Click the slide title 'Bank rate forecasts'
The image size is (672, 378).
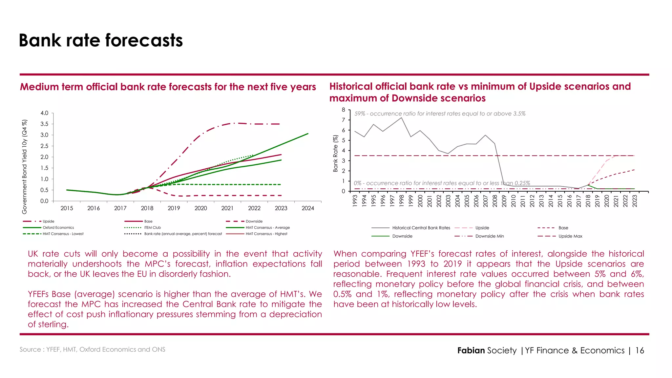point(101,40)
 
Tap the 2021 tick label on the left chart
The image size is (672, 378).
point(227,208)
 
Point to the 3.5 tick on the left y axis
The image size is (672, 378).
point(44,124)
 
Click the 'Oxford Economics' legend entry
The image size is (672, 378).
point(58,227)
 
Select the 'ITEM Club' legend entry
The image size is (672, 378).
point(153,227)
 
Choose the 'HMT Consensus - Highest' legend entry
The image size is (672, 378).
point(266,234)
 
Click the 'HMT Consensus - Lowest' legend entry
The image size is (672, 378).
point(63,234)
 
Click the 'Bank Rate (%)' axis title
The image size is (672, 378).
point(335,154)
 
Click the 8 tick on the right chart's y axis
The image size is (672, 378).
point(344,110)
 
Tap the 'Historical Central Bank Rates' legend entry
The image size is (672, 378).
point(421,228)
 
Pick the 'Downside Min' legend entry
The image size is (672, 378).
point(490,236)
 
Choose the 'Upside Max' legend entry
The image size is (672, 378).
point(570,236)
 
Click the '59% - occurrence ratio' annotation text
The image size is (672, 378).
point(440,114)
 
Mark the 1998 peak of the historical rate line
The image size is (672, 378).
point(401,117)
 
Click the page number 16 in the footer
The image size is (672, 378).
point(640,350)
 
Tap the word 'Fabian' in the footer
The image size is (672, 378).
point(471,350)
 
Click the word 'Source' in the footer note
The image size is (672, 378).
point(30,349)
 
